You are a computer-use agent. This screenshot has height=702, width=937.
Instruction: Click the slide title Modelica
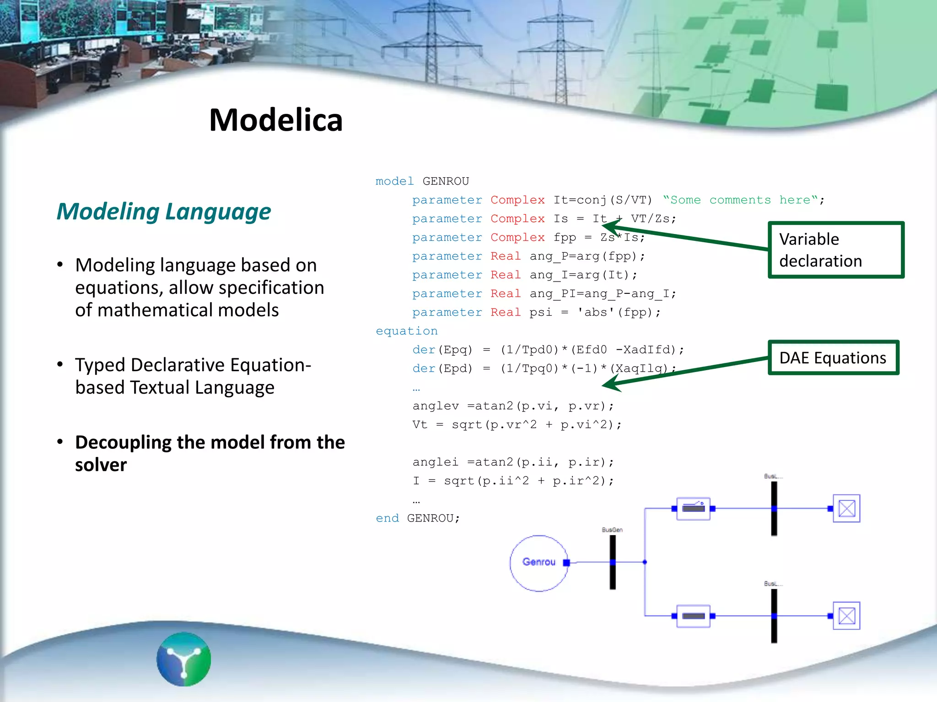(276, 120)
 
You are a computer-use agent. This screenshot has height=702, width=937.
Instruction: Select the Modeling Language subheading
(164, 212)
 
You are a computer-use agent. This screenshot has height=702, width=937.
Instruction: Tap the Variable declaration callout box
(835, 250)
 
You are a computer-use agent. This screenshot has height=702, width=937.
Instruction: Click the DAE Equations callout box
(833, 358)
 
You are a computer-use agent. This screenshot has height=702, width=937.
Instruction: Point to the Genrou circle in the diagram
(539, 563)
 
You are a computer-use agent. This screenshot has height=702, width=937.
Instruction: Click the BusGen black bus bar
(613, 562)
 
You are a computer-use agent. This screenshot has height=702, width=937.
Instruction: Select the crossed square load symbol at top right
(846, 508)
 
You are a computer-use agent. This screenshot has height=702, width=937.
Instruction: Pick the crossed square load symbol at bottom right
(846, 616)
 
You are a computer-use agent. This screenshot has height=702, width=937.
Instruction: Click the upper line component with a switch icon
(693, 508)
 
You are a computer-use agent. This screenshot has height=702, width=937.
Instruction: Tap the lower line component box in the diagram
(693, 616)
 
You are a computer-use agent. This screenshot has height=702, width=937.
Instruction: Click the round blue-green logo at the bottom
(184, 659)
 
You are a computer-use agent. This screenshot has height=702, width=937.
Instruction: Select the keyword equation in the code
(407, 331)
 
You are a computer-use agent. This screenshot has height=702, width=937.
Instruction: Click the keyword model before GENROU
(394, 181)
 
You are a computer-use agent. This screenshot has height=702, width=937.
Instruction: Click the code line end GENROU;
(418, 518)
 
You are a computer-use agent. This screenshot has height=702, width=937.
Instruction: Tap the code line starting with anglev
(512, 406)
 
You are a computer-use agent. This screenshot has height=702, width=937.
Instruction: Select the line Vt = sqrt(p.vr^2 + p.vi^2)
(517, 425)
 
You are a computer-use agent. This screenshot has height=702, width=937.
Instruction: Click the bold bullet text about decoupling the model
(210, 453)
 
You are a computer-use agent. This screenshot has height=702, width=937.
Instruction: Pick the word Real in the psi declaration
(506, 312)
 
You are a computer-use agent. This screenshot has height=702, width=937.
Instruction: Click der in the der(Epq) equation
(424, 350)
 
